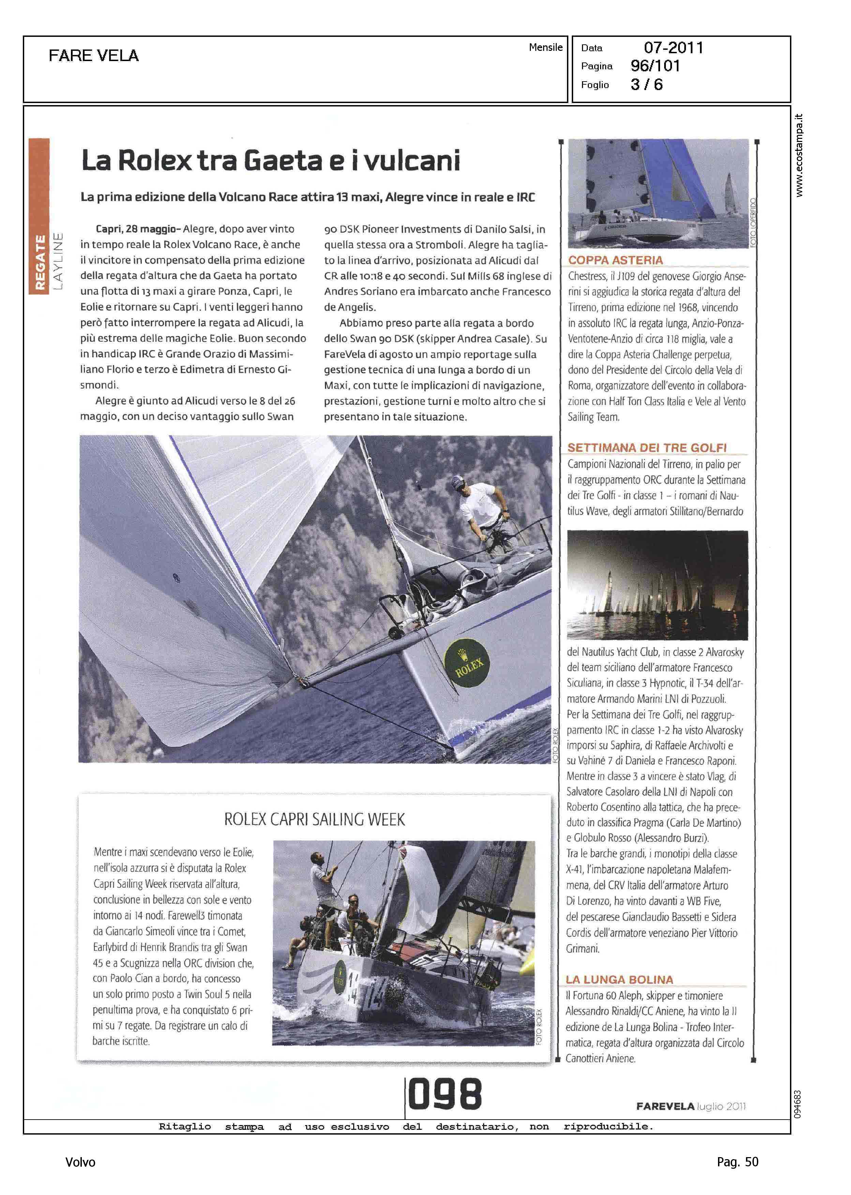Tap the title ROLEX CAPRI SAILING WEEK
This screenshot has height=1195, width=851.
click(x=314, y=820)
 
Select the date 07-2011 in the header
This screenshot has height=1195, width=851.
click(x=673, y=48)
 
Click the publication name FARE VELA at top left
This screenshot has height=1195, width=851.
click(x=94, y=56)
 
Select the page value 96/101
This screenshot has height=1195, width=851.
click(x=655, y=66)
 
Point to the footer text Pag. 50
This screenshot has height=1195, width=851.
click(x=737, y=1162)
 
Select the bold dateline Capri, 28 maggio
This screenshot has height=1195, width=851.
click(x=138, y=229)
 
